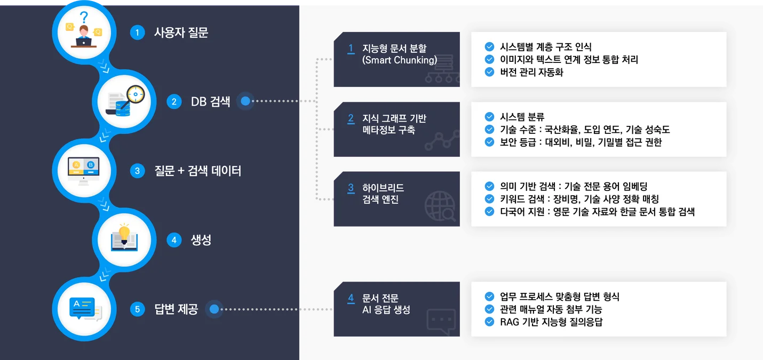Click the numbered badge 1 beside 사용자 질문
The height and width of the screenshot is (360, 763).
click(137, 33)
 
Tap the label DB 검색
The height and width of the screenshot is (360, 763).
click(211, 101)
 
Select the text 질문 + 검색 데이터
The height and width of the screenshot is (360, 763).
click(198, 171)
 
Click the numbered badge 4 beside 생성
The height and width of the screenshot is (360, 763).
click(174, 240)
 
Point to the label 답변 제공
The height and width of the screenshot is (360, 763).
click(176, 309)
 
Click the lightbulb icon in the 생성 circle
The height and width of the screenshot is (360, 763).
click(124, 234)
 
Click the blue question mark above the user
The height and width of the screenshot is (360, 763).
click(84, 17)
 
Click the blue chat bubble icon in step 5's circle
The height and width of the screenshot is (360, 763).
click(82, 308)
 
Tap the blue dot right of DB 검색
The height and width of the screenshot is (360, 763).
click(245, 101)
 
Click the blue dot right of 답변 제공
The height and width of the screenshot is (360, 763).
click(214, 309)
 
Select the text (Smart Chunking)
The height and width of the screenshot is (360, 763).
click(400, 60)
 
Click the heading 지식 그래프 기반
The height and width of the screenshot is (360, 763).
click(394, 118)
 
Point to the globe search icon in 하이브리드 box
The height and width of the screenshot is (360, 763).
click(440, 206)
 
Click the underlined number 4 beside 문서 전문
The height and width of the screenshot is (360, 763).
click(351, 299)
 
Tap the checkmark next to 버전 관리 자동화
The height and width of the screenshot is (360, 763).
click(489, 72)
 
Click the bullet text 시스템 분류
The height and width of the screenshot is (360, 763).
click(522, 117)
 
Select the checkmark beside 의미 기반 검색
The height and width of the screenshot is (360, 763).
click(489, 186)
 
